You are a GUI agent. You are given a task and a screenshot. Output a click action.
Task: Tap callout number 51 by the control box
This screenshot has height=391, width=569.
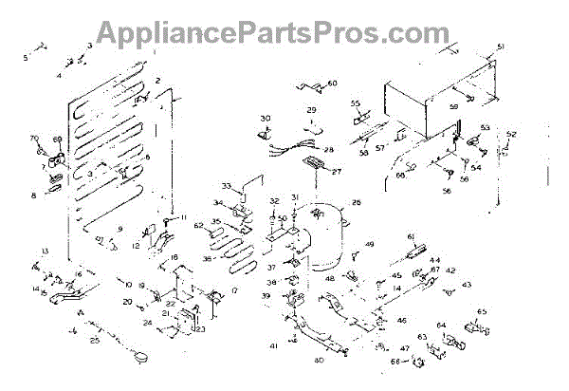click(502, 47)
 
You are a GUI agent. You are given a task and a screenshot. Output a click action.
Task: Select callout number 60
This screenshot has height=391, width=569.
click(333, 84)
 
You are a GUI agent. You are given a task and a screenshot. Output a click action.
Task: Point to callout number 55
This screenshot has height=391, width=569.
click(357, 102)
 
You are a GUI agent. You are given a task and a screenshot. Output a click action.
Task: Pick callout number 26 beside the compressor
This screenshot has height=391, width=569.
click(357, 202)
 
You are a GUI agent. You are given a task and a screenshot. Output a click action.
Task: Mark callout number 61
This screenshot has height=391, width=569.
click(412, 236)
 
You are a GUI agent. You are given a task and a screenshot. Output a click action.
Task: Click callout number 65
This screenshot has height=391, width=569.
click(482, 312)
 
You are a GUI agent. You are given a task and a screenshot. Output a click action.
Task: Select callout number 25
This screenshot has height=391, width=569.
click(95, 339)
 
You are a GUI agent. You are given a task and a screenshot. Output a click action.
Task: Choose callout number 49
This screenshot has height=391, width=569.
click(371, 245)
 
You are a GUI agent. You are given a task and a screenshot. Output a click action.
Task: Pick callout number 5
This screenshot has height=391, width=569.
click(26, 58)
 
